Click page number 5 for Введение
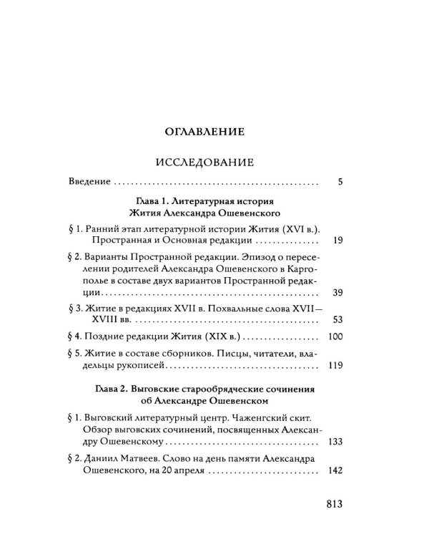pos(340,183)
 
